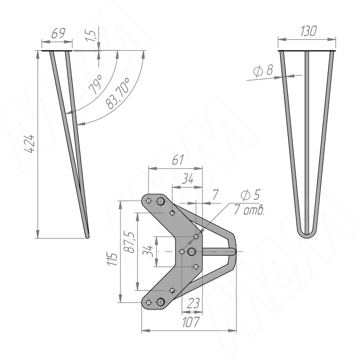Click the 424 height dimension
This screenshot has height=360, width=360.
[x=30, y=144]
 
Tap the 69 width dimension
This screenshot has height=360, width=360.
[x=58, y=33]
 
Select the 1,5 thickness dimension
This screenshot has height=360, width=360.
[x=91, y=35]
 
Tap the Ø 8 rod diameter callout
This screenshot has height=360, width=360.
[x=263, y=70]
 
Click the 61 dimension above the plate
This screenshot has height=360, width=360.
[x=178, y=160]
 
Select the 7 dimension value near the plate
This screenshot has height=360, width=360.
[x=215, y=195]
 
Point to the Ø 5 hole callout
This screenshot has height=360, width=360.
[x=251, y=195]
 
